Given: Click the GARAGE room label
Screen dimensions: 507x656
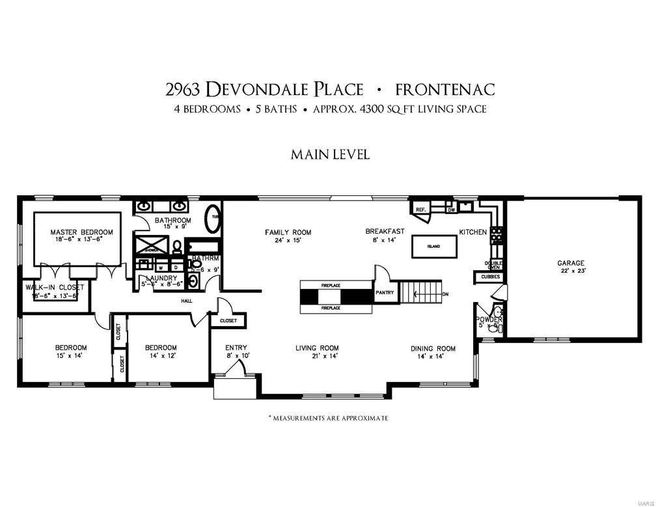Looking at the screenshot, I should pos(570,263).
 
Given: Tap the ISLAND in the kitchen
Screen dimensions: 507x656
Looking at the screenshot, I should pos(433,246).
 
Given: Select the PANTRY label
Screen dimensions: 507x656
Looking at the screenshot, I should pos(385,293).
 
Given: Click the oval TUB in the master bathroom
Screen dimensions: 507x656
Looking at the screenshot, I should pos(213,219).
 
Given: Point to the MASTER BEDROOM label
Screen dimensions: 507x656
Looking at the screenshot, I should pos(82,232).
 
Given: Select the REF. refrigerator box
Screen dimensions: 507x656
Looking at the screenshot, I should pos(420,210).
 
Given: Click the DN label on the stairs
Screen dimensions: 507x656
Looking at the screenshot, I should pos(445,294).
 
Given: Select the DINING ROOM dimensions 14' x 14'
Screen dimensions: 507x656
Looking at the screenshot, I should pos(432,356).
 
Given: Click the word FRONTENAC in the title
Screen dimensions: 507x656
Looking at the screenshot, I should pos(449,90).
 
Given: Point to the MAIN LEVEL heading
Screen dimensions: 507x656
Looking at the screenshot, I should pos(330,155).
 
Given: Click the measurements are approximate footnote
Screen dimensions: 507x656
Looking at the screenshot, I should pos(328,418).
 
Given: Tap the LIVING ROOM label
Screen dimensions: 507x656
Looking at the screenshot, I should pos(317,348).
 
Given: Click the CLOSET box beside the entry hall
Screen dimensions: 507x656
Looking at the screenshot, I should pos(228,321).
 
